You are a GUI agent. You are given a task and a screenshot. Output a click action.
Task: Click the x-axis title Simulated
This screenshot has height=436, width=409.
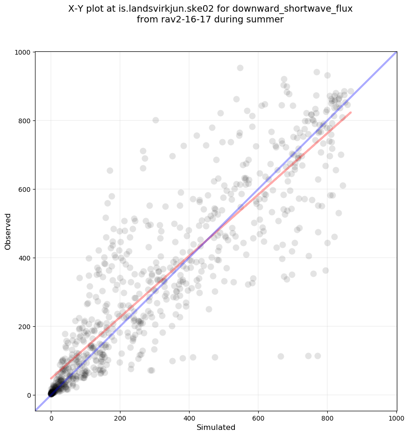216,428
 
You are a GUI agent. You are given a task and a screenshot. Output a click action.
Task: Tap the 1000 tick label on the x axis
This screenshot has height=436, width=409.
396,412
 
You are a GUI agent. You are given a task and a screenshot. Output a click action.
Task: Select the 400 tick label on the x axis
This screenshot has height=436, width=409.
189,412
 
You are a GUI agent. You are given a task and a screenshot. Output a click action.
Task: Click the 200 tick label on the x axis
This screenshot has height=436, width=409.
120,412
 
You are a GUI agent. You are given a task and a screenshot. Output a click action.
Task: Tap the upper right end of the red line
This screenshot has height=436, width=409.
351,113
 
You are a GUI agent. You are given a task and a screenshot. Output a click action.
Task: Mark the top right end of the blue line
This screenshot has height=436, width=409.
396,52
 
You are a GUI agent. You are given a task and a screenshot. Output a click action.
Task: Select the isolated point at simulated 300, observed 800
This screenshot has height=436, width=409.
155,120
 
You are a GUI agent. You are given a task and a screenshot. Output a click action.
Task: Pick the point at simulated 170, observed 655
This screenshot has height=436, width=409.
110,170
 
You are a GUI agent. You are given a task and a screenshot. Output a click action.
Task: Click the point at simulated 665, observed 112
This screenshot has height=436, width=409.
281,356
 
